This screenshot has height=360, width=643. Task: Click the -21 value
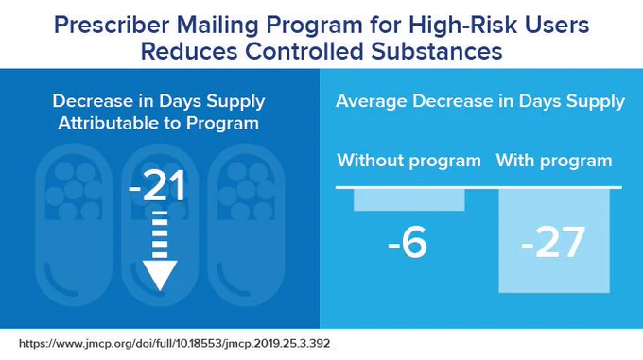point(157,186)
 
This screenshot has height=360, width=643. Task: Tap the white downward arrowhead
point(160,275)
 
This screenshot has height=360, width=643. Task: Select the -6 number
point(408,243)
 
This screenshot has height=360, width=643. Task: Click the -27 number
point(553,243)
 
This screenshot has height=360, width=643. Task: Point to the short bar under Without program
point(409,200)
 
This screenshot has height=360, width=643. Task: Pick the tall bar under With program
point(554,241)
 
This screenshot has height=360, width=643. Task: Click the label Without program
point(408,161)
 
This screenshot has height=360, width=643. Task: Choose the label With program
point(554,161)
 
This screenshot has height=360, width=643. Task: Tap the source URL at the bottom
point(175,343)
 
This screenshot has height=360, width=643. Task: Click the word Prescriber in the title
point(112,25)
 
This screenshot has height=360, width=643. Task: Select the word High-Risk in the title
point(462,25)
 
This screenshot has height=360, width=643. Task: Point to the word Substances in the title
point(437,52)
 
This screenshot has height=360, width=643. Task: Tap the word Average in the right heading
point(372,101)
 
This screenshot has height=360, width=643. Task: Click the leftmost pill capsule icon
point(74,225)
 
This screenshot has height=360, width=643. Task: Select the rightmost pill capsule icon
point(246,225)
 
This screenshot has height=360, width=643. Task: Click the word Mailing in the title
point(217,25)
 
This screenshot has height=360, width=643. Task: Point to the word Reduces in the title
point(189,52)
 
